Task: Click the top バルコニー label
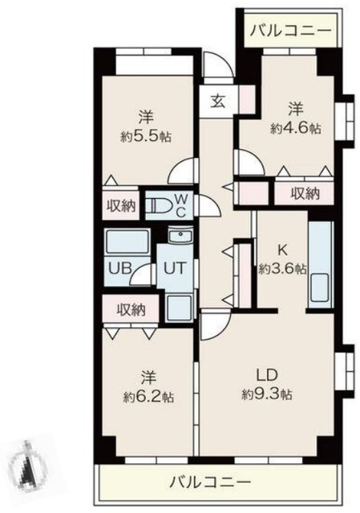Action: pos(289,32)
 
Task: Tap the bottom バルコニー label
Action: pos(211,483)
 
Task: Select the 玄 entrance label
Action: pos(218,102)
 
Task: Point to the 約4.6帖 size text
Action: pos(296,127)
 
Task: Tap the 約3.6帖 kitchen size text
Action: pos(282,269)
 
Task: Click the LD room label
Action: pos(267,374)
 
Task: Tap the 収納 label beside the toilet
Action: pos(122,205)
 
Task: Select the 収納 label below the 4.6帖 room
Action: pos(305,193)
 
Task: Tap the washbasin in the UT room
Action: pos(180,237)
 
